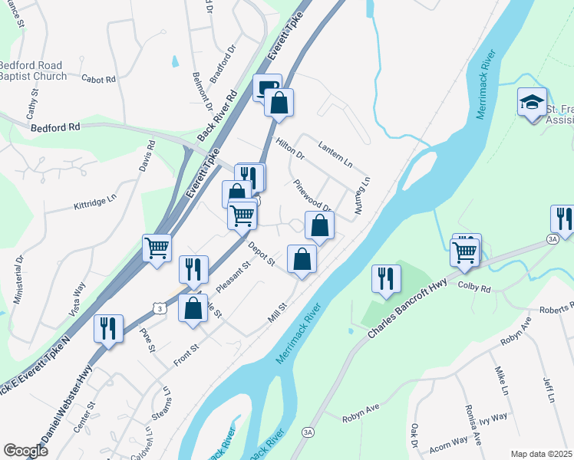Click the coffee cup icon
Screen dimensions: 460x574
pos(266,87)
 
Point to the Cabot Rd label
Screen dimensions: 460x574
pos(98,79)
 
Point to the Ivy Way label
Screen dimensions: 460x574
pos(495,417)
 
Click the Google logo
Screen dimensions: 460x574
pos(25,450)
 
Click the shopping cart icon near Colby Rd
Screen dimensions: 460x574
pos(466,250)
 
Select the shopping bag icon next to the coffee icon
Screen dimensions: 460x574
pos(279,103)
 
